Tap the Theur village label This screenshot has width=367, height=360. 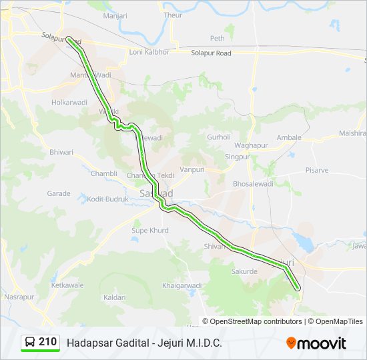[x=172, y=15]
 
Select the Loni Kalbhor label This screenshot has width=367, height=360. [x=149, y=52]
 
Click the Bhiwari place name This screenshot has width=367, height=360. [x=61, y=152]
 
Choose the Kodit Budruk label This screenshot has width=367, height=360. [x=107, y=199]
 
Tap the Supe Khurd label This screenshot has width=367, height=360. [x=149, y=231]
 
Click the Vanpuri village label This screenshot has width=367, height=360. [x=192, y=170]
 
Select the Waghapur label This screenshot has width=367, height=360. [x=251, y=145]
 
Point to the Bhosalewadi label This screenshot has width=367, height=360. [x=253, y=183]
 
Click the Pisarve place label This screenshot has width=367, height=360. [x=317, y=170]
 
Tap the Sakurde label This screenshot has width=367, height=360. [x=244, y=272]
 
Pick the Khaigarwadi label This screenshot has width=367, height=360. [x=181, y=285]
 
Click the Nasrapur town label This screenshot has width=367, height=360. [x=19, y=296]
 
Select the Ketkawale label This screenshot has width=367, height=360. [x=68, y=285]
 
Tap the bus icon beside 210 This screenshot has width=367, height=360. [x=30, y=343]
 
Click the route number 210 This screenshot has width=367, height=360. [x=47, y=342]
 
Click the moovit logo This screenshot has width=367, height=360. [x=316, y=343]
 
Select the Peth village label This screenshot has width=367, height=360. [x=218, y=39]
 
